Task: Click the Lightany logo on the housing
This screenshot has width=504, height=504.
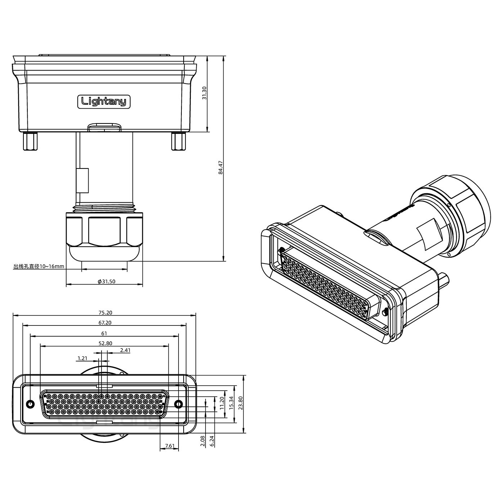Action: [x=104, y=102]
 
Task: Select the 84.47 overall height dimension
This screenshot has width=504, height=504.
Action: [x=221, y=167]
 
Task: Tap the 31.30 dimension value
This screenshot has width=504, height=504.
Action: [x=204, y=93]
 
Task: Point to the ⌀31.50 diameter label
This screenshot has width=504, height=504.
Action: [x=107, y=282]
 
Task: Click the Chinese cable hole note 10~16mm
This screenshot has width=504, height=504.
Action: [x=39, y=266]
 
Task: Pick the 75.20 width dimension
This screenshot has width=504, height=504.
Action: [x=105, y=312]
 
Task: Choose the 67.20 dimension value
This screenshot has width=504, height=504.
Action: [x=105, y=323]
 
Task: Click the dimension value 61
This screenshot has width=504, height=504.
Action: [x=104, y=333]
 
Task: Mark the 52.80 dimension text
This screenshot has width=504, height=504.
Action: [x=105, y=343]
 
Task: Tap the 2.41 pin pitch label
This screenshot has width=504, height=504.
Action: [x=125, y=350]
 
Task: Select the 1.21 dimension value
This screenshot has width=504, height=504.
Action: [x=82, y=358]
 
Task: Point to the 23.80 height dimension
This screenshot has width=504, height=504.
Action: [x=240, y=403]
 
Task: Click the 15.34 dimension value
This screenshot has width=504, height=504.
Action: [x=231, y=403]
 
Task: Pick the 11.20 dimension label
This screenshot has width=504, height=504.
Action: [x=222, y=403]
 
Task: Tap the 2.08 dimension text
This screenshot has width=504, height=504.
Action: [x=202, y=441]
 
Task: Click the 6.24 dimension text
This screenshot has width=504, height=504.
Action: [x=212, y=441]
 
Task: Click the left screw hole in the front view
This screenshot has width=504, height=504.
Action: [x=31, y=404]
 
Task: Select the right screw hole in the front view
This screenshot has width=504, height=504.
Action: [x=179, y=404]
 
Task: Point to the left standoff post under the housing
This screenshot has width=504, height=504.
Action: [x=30, y=141]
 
